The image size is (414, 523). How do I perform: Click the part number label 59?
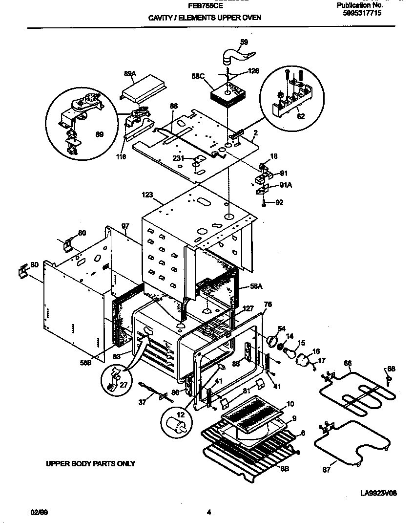click(x=244, y=42)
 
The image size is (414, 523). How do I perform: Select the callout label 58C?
click(x=197, y=76)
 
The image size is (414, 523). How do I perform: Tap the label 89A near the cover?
click(x=129, y=73)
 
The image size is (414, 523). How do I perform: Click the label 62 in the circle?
click(x=300, y=117)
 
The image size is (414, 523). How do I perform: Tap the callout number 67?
click(x=326, y=470)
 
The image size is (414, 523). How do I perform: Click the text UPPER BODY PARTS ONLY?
click(x=90, y=463)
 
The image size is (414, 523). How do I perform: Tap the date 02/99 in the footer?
click(x=39, y=512)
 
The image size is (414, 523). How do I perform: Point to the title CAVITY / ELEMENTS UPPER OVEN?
click(x=205, y=18)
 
